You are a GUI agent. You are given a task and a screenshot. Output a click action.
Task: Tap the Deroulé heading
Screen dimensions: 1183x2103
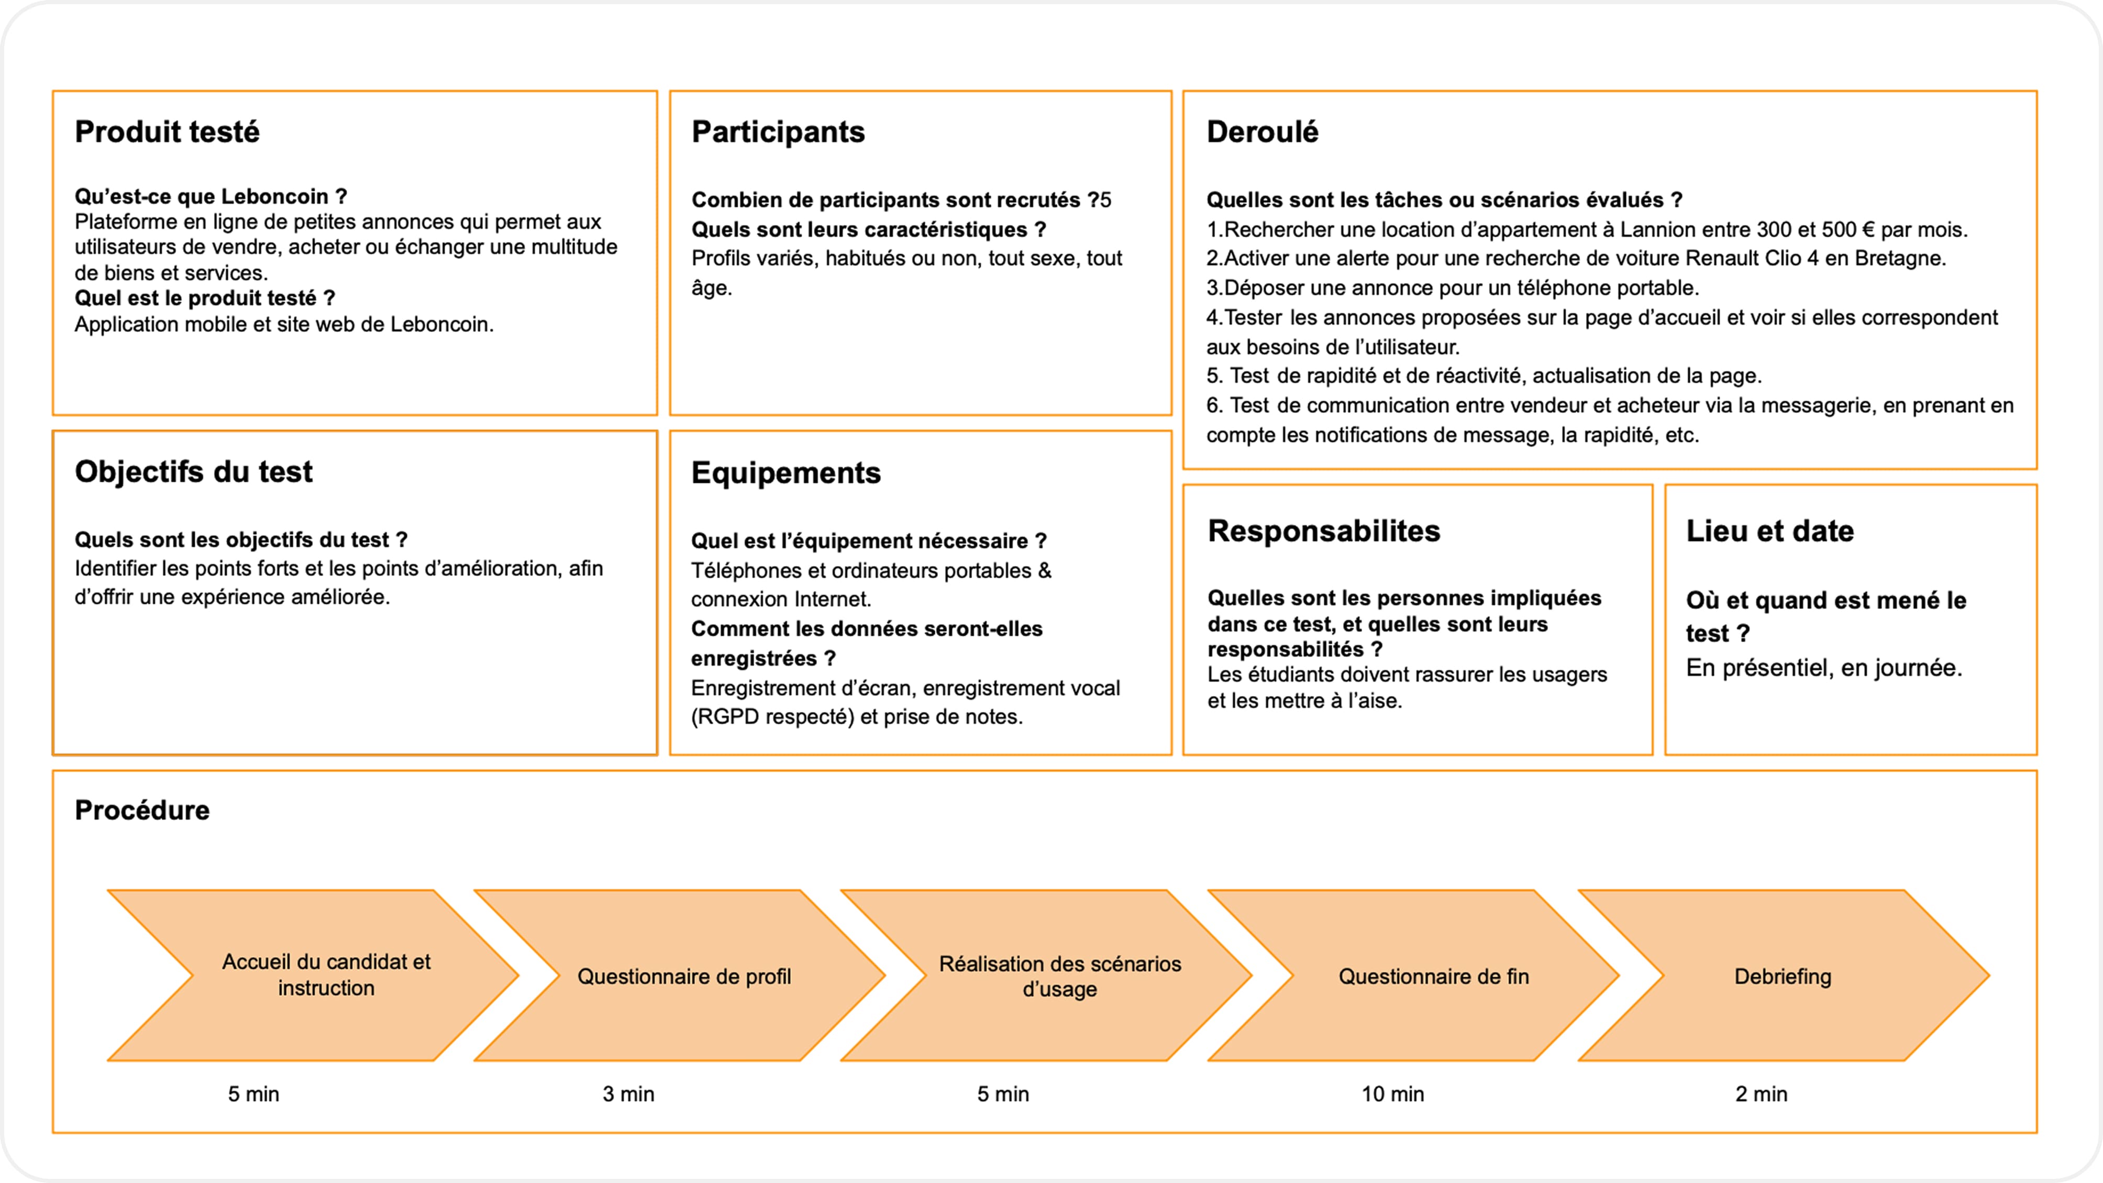1262,131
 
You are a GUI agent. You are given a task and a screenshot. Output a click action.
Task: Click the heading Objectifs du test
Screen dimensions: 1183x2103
193,471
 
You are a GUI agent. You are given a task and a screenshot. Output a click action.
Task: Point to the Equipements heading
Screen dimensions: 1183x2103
785,473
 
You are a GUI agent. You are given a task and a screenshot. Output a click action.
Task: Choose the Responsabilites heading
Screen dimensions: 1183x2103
1323,530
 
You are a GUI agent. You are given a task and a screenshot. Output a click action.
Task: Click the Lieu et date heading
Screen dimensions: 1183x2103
1769,530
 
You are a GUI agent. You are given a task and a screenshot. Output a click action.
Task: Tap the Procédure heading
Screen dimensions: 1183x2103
142,810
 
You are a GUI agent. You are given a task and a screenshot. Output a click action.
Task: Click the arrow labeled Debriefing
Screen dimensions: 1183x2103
1782,976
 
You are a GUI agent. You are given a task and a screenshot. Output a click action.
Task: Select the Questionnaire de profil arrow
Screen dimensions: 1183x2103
683,976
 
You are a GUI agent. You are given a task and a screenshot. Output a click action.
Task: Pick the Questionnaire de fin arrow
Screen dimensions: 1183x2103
1433,976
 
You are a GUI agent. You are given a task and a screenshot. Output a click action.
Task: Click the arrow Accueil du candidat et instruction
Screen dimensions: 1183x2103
326,975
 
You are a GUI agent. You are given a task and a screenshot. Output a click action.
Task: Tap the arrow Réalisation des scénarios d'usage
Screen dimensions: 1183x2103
1060,976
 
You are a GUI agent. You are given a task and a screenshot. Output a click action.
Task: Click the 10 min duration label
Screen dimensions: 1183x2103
1392,1094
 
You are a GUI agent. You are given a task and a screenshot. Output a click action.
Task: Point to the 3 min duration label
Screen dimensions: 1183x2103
628,1094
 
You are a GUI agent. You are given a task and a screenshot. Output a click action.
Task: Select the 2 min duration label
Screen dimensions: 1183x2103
1761,1094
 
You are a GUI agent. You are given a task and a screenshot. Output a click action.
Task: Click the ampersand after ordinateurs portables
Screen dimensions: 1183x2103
1044,571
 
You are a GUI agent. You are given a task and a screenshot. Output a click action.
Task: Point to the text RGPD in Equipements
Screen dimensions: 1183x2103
724,717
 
